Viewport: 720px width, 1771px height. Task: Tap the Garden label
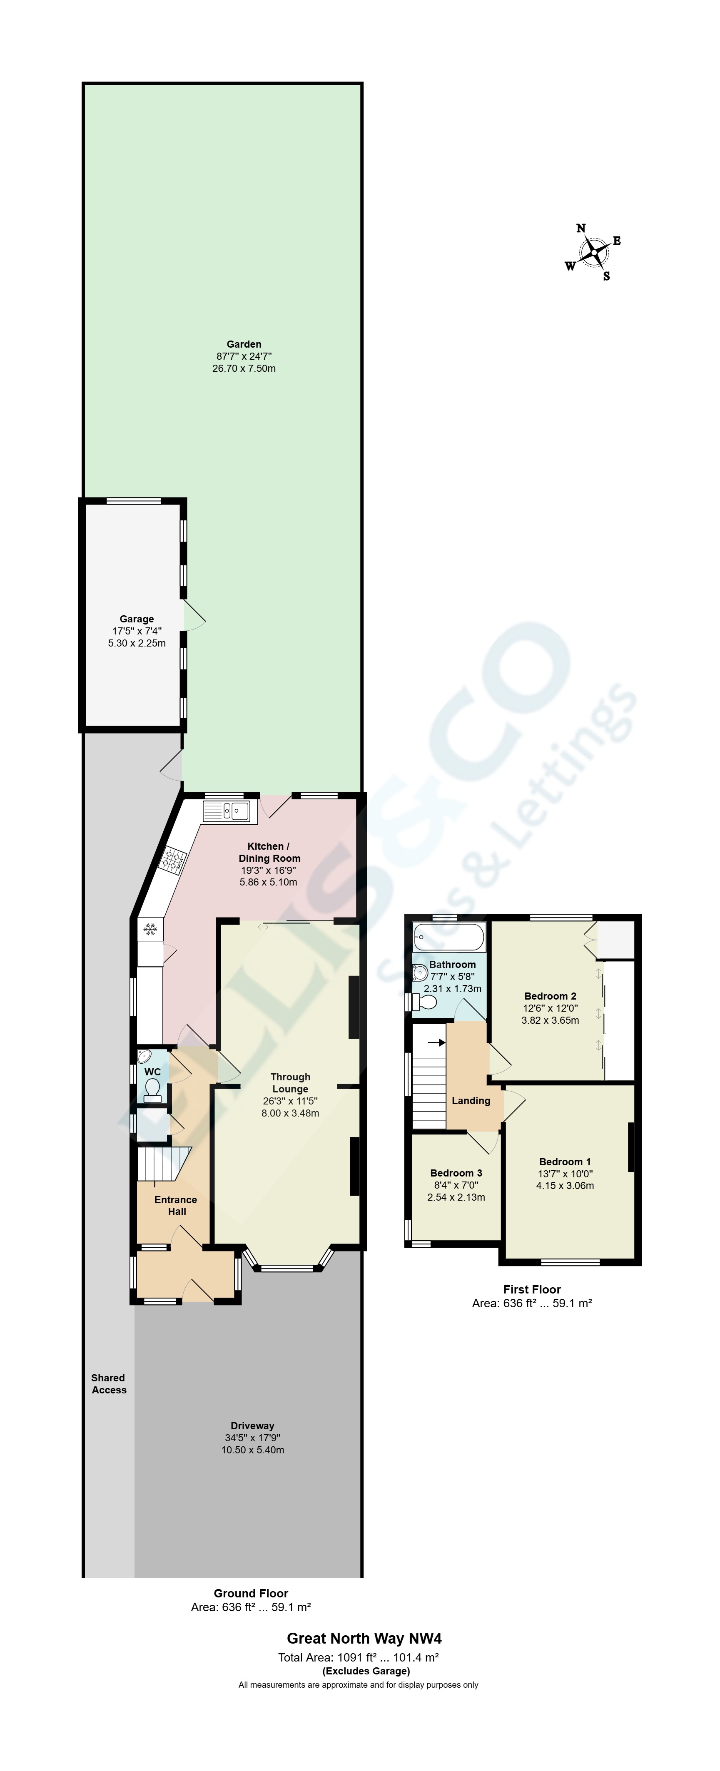[x=244, y=344]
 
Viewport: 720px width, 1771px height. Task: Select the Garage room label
[x=137, y=619]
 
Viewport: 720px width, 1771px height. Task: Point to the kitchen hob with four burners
[x=174, y=859]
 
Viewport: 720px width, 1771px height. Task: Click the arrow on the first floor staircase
[x=436, y=1042]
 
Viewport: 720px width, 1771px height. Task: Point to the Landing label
[x=471, y=1101]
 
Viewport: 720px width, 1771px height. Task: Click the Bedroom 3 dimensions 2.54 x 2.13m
[x=456, y=1197]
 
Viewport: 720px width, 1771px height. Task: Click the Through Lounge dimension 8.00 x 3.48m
[x=290, y=1113]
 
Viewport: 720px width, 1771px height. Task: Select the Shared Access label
[x=109, y=1384]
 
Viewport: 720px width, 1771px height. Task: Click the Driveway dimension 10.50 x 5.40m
[x=252, y=1450]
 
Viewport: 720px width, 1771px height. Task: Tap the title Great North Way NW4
[x=364, y=1638]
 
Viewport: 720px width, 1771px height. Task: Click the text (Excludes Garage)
[x=366, y=1671]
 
